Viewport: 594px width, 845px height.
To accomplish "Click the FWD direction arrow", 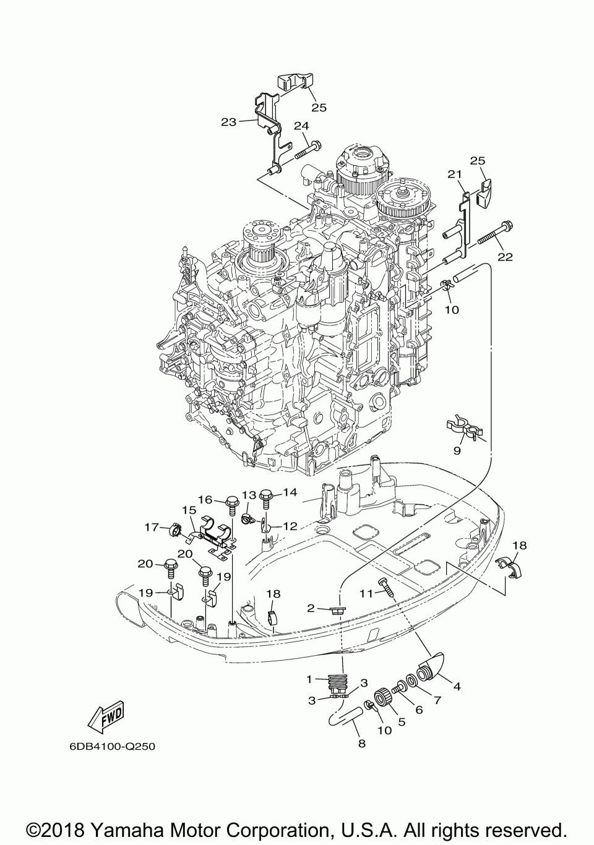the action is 106,717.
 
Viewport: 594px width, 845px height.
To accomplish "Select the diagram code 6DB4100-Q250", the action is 113,747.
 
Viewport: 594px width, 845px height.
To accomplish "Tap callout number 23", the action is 229,122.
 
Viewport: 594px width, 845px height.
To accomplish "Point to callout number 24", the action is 301,126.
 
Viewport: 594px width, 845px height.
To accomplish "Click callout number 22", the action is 505,257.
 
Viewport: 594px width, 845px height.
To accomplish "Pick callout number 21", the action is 455,174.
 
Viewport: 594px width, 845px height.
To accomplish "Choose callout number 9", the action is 457,451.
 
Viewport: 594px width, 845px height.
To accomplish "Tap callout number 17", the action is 152,527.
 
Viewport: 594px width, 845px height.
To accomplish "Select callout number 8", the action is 361,744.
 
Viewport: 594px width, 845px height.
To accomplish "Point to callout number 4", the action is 457,686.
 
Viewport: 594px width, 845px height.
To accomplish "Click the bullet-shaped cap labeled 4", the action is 431,668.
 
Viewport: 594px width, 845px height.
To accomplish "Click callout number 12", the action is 290,526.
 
